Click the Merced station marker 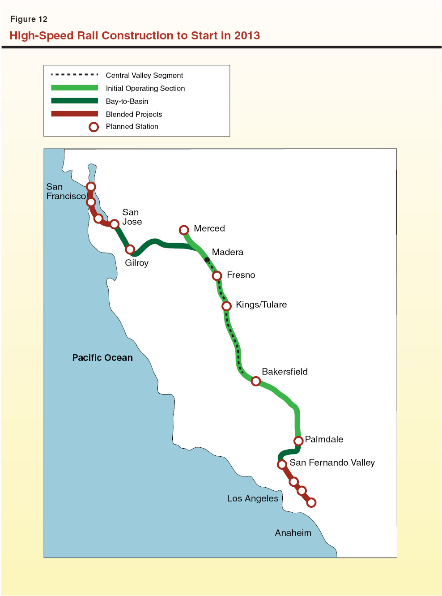click(x=184, y=230)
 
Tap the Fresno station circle click(x=217, y=276)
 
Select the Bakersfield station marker click(x=256, y=381)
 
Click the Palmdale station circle click(x=298, y=441)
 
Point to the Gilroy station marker click(x=130, y=249)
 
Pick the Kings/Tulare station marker click(x=227, y=306)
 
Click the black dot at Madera click(x=207, y=260)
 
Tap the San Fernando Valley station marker click(x=282, y=464)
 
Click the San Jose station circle click(x=115, y=224)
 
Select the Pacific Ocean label click(x=102, y=358)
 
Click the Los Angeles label click(x=252, y=498)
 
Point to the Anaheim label click(x=293, y=533)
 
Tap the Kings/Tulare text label click(x=261, y=304)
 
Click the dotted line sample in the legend click(x=74, y=75)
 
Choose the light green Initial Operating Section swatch click(x=74, y=88)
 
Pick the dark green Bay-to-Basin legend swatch click(x=74, y=101)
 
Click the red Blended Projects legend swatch click(x=74, y=114)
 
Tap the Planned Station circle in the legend click(x=93, y=127)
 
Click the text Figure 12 click(x=29, y=19)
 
